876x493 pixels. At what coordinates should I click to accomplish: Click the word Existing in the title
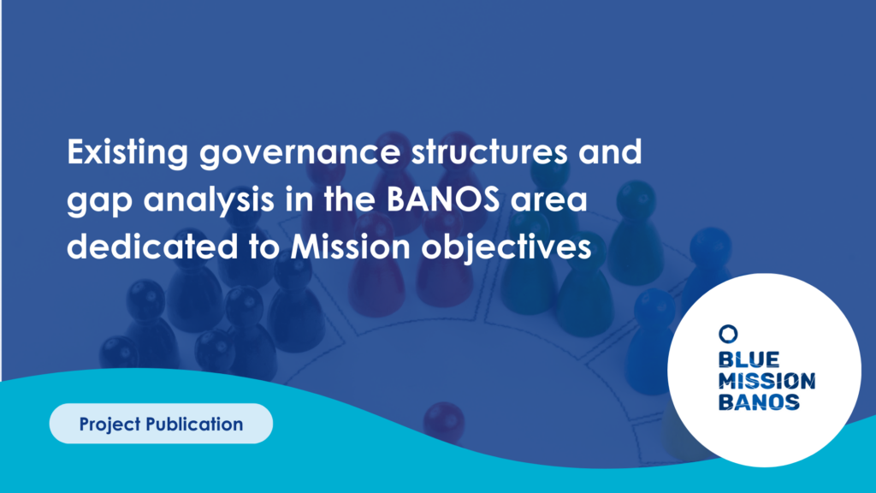click(127, 152)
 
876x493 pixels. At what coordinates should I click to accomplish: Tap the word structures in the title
click(489, 152)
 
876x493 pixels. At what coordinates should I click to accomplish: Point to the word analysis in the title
click(209, 200)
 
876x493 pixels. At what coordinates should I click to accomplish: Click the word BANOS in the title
click(443, 199)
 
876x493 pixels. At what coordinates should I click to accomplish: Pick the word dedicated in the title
click(152, 246)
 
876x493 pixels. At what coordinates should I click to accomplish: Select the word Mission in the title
click(350, 246)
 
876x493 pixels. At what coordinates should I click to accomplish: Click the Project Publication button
click(161, 424)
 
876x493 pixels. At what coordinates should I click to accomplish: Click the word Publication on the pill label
click(194, 424)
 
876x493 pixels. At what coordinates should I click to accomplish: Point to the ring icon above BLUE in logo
click(728, 334)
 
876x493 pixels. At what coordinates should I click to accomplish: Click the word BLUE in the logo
click(749, 359)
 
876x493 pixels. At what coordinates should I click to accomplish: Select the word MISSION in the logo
click(766, 381)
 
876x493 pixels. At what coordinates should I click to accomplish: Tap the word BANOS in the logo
click(759, 402)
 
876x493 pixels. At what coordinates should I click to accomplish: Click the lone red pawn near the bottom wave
click(444, 420)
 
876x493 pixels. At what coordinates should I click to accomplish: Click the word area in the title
click(548, 200)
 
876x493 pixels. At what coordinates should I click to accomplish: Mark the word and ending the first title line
click(610, 152)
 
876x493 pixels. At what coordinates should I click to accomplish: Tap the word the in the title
click(349, 199)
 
